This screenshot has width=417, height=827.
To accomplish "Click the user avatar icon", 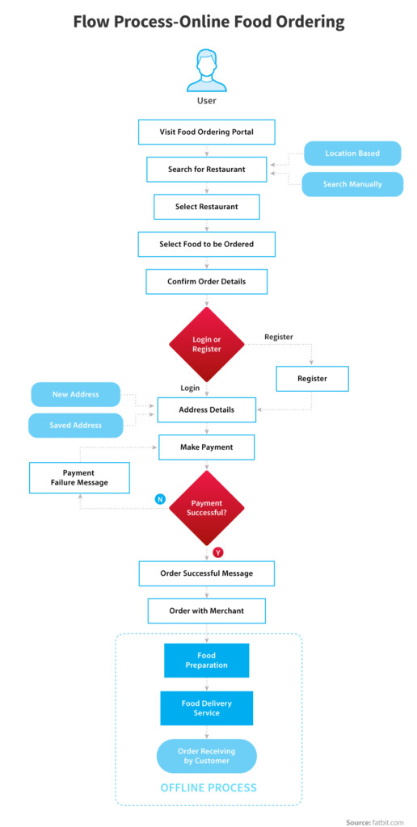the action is click(206, 71).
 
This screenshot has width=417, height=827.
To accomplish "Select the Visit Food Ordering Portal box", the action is click(206, 132).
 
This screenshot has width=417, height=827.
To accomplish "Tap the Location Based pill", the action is click(352, 153).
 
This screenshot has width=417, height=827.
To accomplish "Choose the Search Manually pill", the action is click(352, 185).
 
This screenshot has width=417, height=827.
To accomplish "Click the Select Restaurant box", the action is click(206, 207).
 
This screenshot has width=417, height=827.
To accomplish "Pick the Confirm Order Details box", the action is click(206, 282).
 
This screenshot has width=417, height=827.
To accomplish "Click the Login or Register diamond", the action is click(206, 344).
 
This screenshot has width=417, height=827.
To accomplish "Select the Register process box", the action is click(312, 379).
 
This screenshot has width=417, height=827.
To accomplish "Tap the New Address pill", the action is click(75, 394).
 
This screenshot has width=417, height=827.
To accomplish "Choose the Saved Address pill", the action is click(75, 425).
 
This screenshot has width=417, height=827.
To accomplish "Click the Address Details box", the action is click(206, 409).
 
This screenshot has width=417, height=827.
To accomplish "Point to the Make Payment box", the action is click(206, 447).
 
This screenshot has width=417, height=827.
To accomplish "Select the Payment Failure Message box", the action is click(79, 478).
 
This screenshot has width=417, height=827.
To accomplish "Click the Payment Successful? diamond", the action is click(206, 508).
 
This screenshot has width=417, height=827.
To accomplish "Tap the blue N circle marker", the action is click(159, 498).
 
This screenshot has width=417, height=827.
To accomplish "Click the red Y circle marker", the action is click(218, 552).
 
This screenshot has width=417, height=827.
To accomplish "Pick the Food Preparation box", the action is click(206, 661).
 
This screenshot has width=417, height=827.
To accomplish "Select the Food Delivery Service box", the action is click(206, 707).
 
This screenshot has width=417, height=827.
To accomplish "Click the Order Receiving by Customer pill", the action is click(206, 756).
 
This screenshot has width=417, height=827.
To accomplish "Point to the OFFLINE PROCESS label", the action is click(208, 788).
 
